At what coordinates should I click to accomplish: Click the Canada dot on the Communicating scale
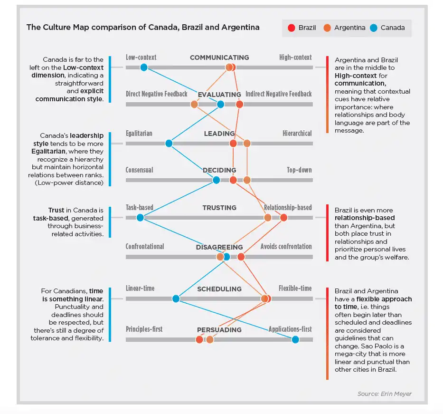[144, 67]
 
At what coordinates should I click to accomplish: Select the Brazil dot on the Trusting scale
[283, 218]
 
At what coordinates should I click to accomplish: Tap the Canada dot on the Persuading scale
[295, 339]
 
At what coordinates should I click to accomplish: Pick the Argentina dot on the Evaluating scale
[194, 105]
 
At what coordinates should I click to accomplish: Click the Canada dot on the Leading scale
[169, 144]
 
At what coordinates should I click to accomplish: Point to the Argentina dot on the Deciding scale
[247, 180]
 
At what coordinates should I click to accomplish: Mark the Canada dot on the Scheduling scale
[176, 299]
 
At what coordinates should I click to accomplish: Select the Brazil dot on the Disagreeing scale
[241, 257]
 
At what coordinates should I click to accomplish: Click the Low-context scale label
[141, 58]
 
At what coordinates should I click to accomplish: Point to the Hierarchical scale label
[297, 134]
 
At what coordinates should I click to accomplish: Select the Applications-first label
[290, 329]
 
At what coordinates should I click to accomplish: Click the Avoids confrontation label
[286, 247]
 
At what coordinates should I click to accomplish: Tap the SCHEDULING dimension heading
[219, 289]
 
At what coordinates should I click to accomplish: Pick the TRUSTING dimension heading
[219, 208]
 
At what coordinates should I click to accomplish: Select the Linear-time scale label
[140, 289]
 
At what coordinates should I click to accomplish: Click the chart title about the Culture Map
[143, 27]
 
